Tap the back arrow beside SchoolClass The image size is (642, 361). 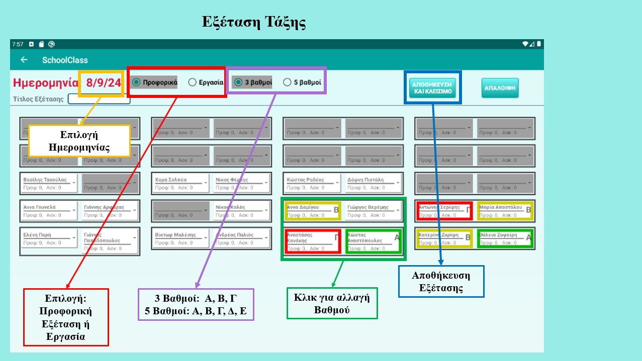coord(24,60)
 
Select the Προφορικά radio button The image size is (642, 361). coord(136,82)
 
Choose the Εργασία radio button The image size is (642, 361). coord(192,82)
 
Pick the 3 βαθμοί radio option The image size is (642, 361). coord(238,82)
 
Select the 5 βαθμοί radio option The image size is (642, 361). coord(288,82)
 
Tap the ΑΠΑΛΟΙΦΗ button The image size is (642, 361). coord(500,88)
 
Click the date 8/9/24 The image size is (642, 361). coord(104,82)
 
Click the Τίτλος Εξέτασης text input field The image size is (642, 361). coord(99,99)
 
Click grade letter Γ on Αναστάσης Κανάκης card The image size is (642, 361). coord(336,237)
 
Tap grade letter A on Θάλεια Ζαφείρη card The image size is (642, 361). coord(528,237)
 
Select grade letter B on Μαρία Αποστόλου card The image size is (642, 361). coord(528,210)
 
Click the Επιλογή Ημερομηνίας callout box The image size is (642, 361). coord(79,141)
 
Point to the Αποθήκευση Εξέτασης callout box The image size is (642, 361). coord(441,281)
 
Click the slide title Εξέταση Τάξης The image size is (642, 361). coord(254,23)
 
